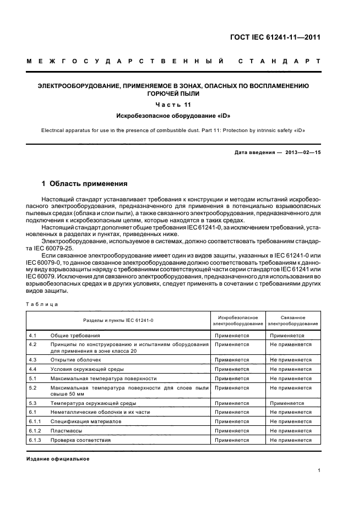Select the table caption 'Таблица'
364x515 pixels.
pyautogui.click(x=42, y=304)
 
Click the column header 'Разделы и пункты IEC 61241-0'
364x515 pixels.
pyautogui.click(x=118, y=320)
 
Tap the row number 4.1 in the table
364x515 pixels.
pyautogui.click(x=32, y=335)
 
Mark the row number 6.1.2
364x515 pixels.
pyautogui.click(x=35, y=431)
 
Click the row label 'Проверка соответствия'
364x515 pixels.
pyautogui.click(x=80, y=440)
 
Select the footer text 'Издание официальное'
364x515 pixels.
pyautogui.click(x=58, y=458)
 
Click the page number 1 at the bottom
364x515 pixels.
pyautogui.click(x=319, y=470)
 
